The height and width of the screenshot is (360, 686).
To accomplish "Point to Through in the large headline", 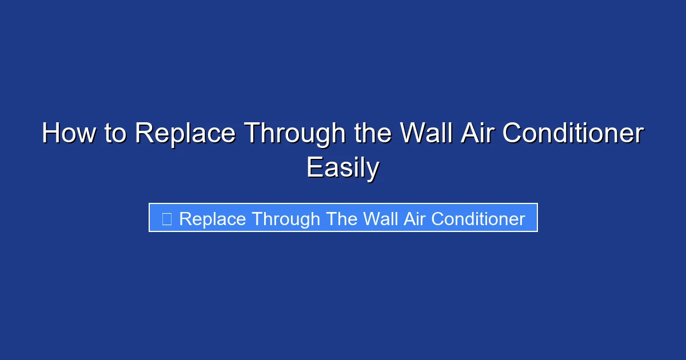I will (295, 134).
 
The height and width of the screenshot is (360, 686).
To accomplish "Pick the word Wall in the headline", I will (424, 134).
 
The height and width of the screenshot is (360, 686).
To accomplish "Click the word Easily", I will (342, 168).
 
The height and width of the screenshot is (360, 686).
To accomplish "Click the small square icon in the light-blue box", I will (166, 218).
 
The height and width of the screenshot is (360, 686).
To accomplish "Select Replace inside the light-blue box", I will (212, 219).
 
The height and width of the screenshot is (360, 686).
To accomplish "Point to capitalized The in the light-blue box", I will (342, 219).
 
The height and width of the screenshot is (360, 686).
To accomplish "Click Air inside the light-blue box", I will (414, 219).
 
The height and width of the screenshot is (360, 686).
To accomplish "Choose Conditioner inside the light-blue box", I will (478, 219).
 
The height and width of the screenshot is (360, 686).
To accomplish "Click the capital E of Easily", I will (313, 168).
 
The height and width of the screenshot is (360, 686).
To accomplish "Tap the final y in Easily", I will (373, 170).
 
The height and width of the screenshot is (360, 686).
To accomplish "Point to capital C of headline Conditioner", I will (513, 134).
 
